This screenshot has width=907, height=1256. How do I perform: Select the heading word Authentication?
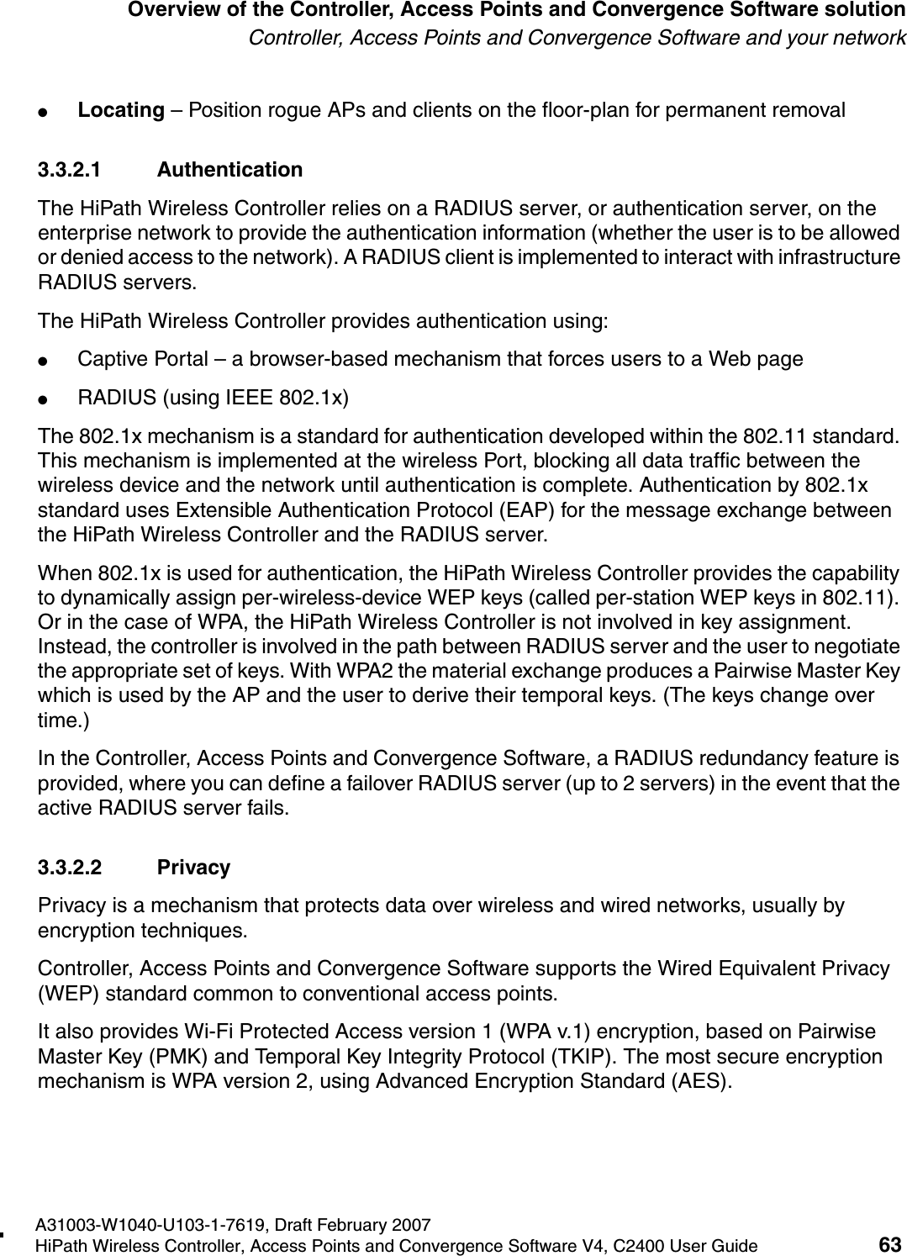229,170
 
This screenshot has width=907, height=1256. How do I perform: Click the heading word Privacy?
193,868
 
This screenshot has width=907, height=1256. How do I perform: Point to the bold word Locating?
120,110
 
